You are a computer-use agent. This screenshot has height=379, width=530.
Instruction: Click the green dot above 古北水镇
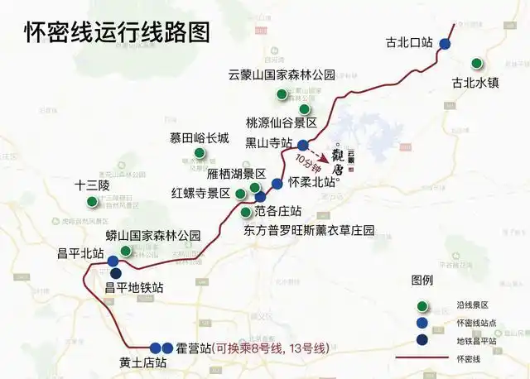tap(476, 64)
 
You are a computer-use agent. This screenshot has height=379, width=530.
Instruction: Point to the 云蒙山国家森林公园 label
tap(282, 74)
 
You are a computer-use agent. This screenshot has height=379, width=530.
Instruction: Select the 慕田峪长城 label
tap(200, 138)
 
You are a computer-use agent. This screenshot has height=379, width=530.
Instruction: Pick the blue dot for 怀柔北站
tap(277, 183)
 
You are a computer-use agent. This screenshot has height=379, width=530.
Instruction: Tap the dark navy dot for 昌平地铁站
tap(116, 274)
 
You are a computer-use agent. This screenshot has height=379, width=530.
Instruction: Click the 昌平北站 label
tap(80, 253)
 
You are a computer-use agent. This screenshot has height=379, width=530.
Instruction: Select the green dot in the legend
tap(422, 305)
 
